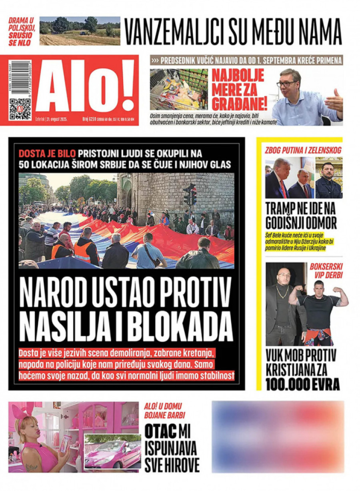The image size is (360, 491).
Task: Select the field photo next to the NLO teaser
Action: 80,31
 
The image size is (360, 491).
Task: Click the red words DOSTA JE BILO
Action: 47,153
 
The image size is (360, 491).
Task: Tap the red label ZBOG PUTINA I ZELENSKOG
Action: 303,150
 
